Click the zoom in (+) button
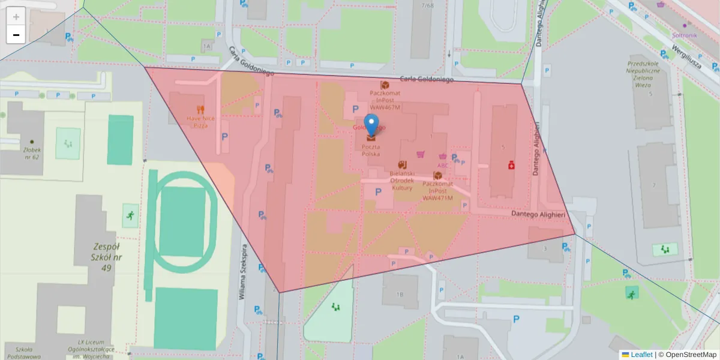click(16, 16)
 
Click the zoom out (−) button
click(16, 35)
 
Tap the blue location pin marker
click(372, 125)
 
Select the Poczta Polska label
click(371, 150)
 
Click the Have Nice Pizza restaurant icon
click(200, 110)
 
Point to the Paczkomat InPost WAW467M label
click(385, 100)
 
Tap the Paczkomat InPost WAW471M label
click(438, 190)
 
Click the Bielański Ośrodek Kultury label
click(401, 180)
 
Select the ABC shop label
click(443, 166)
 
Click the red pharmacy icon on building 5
click(511, 164)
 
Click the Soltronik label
click(684, 35)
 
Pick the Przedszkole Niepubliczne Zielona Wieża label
click(643, 74)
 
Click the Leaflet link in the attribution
click(641, 355)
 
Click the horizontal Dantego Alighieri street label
click(538, 214)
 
